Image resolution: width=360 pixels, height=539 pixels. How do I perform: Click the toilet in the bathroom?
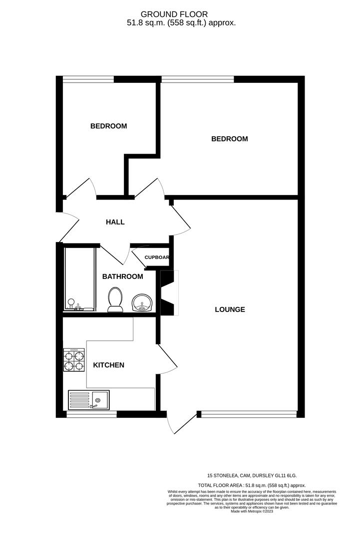click(x=116, y=299)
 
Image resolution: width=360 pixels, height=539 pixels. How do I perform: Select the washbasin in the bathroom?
click(x=142, y=303)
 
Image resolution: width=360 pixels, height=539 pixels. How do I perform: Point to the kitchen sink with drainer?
click(x=89, y=400)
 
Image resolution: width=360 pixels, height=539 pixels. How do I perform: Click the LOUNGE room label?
click(x=230, y=309)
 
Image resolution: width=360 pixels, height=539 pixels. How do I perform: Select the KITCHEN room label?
click(x=109, y=365)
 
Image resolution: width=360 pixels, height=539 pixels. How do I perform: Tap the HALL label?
click(x=115, y=222)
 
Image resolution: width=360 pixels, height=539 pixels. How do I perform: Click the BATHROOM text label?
click(x=122, y=276)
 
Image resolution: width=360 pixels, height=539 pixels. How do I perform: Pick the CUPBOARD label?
click(x=157, y=258)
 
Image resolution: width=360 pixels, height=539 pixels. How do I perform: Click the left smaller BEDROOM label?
click(x=108, y=126)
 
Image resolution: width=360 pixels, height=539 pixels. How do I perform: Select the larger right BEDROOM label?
click(x=229, y=139)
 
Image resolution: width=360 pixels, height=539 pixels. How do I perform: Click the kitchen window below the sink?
click(x=91, y=414)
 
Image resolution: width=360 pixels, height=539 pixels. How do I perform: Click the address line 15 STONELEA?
click(x=255, y=476)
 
